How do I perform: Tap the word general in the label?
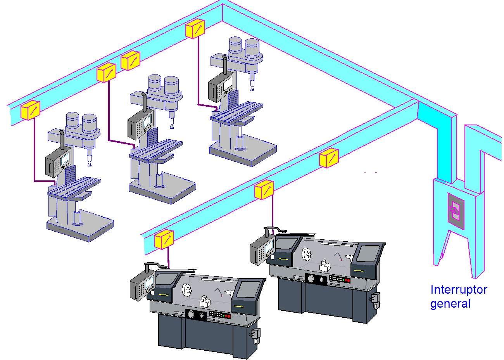(450, 304)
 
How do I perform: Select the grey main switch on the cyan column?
(456, 211)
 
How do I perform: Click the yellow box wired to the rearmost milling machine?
(195, 29)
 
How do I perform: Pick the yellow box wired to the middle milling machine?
(107, 73)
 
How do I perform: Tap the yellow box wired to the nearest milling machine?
(30, 110)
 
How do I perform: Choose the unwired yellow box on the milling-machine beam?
(131, 61)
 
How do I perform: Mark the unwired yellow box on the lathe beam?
(329, 158)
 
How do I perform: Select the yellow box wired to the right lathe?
(264, 190)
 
